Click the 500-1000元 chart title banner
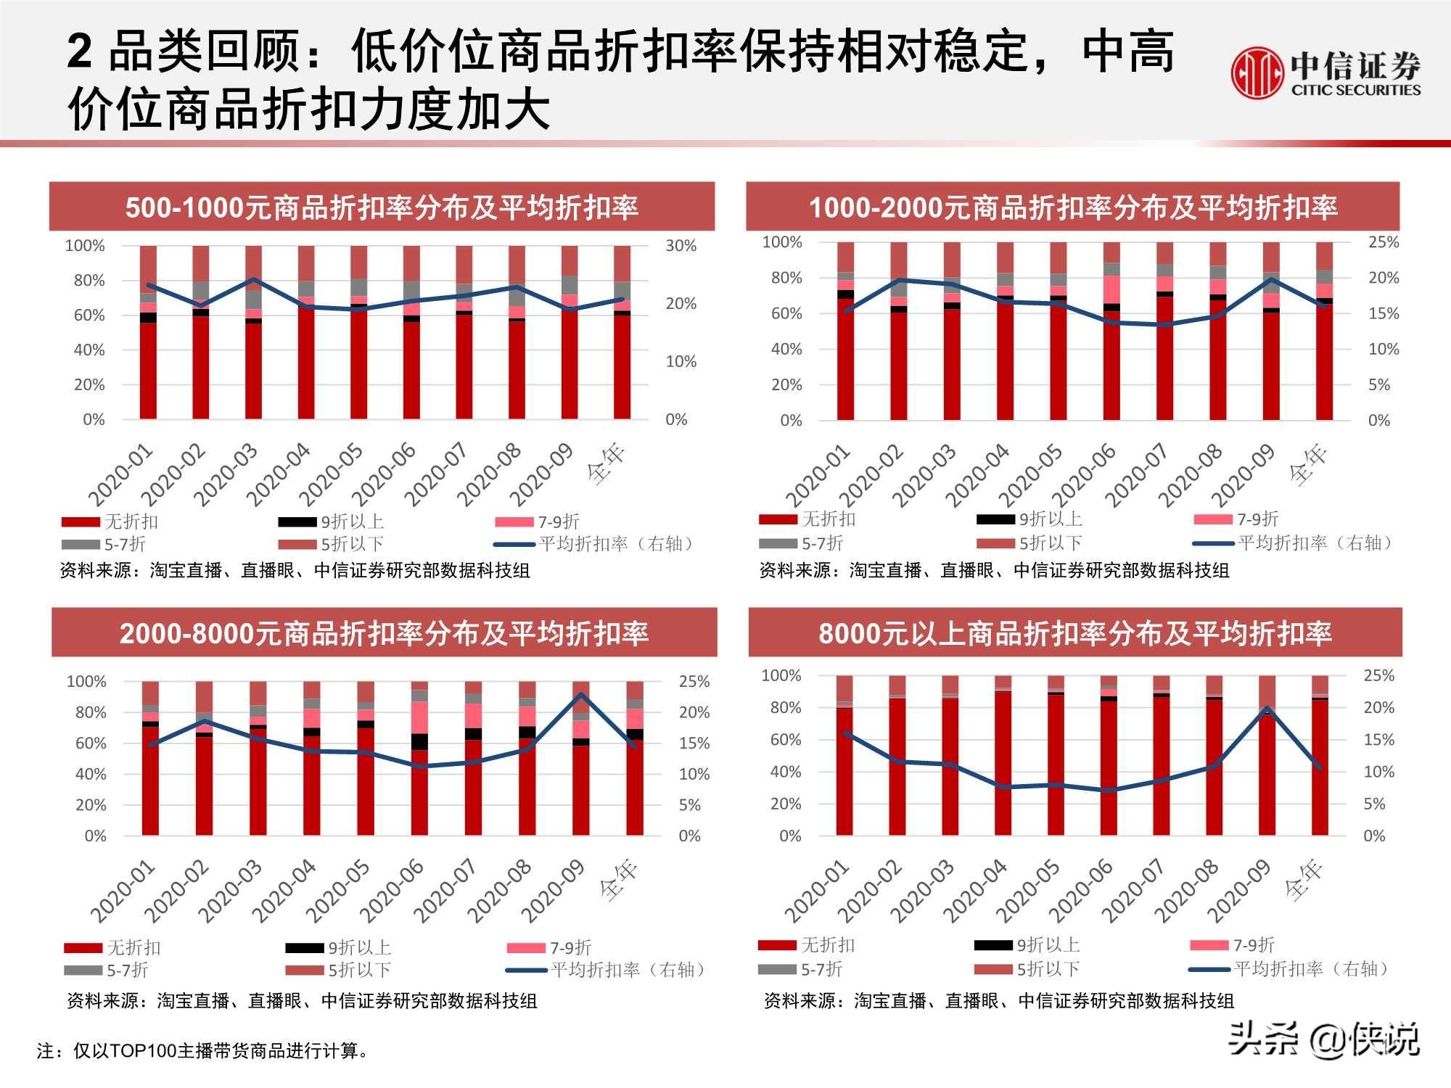[382, 207]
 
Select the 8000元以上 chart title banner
[1074, 633]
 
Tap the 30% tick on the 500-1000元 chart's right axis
[681, 246]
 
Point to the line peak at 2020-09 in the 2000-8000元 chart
[580, 695]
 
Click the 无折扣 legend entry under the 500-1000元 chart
[110, 522]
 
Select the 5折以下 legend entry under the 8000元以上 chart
[1028, 968]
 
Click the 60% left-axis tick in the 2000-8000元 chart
[91, 743]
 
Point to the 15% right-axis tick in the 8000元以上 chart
[1378, 740]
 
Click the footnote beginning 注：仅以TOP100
[203, 1050]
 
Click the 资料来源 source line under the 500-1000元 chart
[295, 570]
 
